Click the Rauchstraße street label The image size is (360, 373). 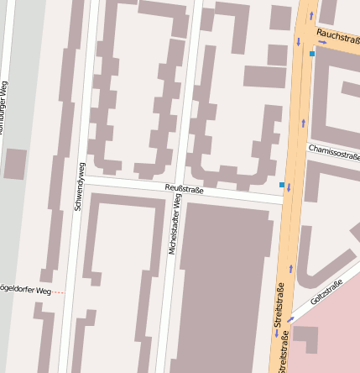339,37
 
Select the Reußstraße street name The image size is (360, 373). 184,189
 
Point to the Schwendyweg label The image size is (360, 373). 80,186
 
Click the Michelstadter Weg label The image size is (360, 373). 174,224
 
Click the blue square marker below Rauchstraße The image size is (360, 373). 312,54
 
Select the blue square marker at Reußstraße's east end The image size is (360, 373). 282,184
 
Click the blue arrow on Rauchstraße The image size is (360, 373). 322,41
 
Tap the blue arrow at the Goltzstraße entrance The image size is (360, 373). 290,319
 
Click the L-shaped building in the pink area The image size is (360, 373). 307,338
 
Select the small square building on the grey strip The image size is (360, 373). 14,164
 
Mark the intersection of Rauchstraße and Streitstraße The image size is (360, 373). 307,29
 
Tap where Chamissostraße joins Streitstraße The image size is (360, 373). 300,144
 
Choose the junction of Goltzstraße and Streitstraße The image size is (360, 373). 286,323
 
